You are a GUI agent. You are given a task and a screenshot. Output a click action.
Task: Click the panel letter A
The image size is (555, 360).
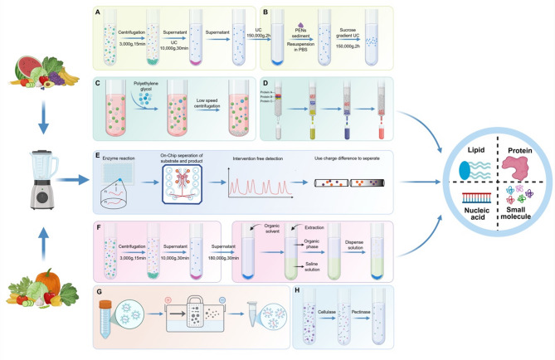coord(98,12)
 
